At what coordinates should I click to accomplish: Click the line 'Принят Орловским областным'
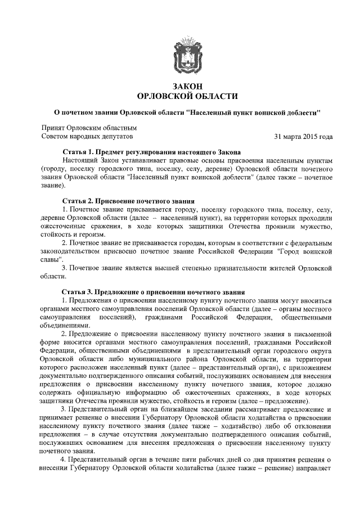[89, 128]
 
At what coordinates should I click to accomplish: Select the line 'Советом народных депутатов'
[88, 137]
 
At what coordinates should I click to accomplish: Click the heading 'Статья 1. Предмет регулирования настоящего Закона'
[151, 152]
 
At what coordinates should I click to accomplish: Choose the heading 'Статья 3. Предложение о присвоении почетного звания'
[154, 292]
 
